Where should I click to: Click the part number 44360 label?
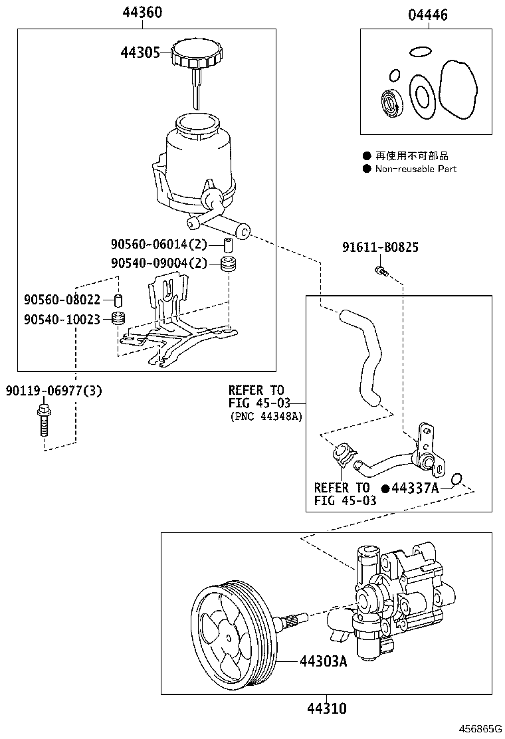142,13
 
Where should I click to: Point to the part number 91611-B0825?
381,247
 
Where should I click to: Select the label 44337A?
415,488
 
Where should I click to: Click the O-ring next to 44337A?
456,480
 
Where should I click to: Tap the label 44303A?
323,661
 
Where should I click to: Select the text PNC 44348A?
266,417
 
